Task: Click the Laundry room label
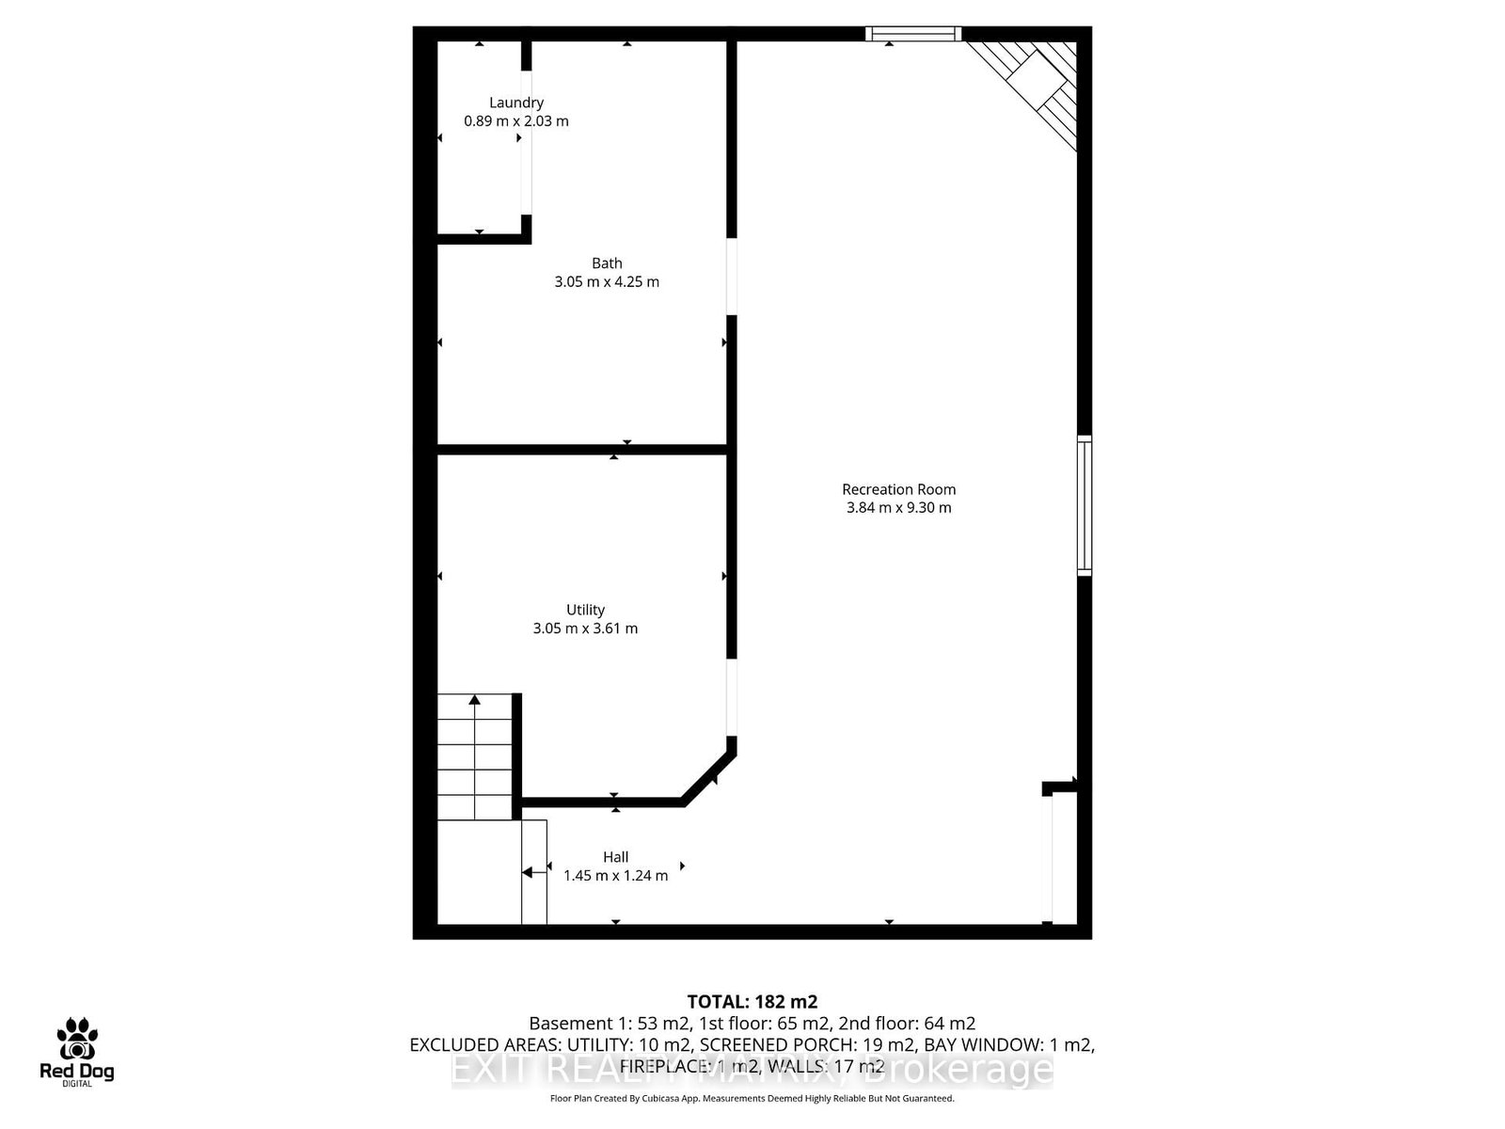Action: tap(516, 103)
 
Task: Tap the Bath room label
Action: tap(607, 263)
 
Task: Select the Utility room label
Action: tap(585, 610)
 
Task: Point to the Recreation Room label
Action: tap(898, 489)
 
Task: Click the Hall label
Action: tap(616, 857)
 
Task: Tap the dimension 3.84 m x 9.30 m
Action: tap(898, 508)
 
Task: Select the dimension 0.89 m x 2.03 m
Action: tap(516, 121)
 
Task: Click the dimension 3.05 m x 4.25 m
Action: tap(607, 282)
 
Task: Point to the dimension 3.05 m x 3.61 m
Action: tap(585, 628)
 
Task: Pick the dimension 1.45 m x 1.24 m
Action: tap(616, 876)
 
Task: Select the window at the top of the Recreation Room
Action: tap(913, 35)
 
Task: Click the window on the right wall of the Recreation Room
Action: tap(1085, 505)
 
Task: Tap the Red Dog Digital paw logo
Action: tap(76, 1040)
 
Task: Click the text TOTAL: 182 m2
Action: tap(752, 1002)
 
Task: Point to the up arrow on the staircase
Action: tap(475, 700)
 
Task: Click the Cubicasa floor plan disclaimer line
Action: tap(752, 1098)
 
